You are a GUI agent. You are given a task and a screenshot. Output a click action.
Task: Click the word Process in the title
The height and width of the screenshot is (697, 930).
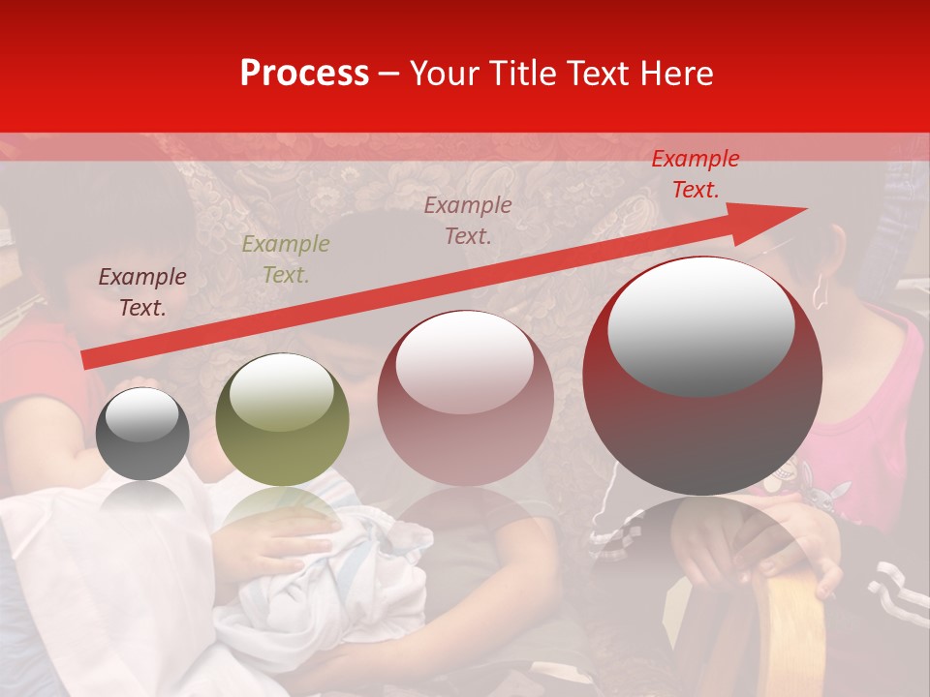[x=304, y=74]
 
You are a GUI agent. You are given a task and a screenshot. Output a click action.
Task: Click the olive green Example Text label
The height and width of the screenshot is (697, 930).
[x=285, y=259]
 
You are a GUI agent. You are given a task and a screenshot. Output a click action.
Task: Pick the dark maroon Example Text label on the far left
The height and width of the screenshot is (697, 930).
[x=141, y=292]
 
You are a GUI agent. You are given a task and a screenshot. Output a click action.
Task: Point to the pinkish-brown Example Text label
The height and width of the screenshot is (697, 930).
[x=467, y=221]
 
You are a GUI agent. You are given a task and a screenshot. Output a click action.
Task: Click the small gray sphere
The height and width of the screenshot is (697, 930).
[x=142, y=434]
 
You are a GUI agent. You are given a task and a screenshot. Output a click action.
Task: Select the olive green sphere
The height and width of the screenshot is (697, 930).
[x=282, y=420]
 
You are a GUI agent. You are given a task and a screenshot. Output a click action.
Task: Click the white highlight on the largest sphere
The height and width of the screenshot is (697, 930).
[x=700, y=324]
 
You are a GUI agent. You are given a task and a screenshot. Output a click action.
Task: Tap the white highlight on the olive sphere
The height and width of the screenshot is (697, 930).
[x=281, y=391]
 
